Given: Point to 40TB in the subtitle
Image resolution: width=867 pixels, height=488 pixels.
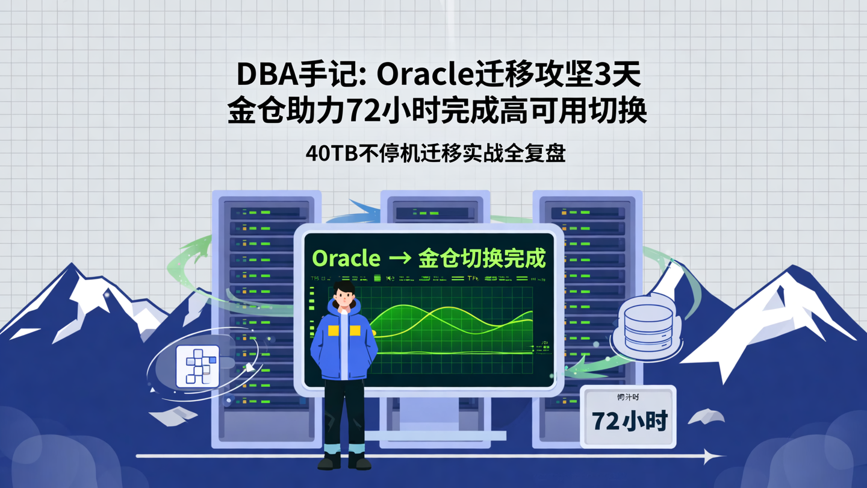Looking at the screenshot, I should pos(331,153).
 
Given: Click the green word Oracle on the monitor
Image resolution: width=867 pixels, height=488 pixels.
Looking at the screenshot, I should pos(346,258).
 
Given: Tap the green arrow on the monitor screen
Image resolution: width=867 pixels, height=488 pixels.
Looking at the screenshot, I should pos(400,259).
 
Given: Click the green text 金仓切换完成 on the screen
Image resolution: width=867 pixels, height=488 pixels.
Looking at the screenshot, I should pos(482,258).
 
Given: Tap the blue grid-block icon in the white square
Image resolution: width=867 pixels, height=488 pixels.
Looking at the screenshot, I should pos(198,365).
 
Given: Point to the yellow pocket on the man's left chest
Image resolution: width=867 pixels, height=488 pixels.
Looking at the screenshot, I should pos(355,330).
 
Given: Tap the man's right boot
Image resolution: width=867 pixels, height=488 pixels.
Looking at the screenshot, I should pos(329,460).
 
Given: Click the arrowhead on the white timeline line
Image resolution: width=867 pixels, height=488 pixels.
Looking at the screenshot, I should pos(712,456).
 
